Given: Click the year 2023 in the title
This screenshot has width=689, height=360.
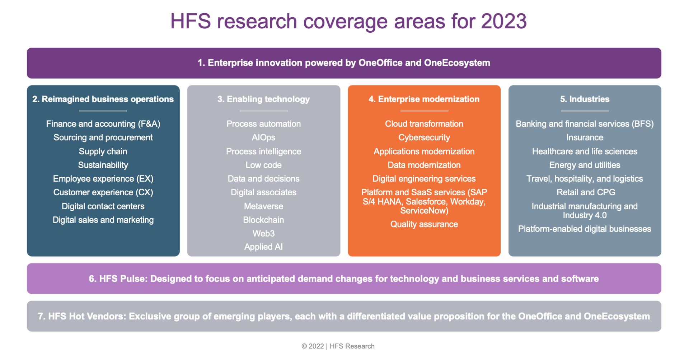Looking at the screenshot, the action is tap(504, 22).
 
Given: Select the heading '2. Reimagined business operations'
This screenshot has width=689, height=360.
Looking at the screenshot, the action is tap(103, 99).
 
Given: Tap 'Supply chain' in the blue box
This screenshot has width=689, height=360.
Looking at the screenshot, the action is tap(103, 151).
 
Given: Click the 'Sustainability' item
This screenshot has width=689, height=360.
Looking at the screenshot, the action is tap(103, 165).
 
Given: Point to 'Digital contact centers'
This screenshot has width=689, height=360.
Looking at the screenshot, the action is tap(103, 206).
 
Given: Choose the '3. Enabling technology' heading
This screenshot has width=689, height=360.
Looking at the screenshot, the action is tap(263, 99).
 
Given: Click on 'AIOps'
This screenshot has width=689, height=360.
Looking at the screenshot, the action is tap(263, 137).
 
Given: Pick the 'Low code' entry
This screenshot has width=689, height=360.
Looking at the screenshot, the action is tap(263, 165).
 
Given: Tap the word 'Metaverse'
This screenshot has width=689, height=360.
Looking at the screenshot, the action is tap(263, 206).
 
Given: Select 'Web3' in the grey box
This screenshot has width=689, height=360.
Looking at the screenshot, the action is tap(263, 234).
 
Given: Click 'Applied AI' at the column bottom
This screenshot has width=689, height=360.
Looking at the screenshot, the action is tap(263, 247).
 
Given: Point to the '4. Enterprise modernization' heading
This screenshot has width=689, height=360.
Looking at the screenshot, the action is tap(424, 99).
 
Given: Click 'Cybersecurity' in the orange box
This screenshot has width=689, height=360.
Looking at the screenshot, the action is tap(424, 137).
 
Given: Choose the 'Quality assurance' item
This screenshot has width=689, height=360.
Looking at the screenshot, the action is tap(424, 224).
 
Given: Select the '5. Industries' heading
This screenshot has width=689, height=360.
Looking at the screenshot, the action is tap(585, 99).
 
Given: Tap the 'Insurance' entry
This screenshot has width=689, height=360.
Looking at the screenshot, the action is tap(585, 137).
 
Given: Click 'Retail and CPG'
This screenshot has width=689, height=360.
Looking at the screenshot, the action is tap(586, 192).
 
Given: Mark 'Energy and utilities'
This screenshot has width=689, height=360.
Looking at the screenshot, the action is tap(585, 165).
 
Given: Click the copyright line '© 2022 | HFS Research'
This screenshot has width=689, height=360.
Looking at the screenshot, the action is tap(338, 346).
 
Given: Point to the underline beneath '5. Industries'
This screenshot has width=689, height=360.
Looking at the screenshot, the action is tap(585, 111).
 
